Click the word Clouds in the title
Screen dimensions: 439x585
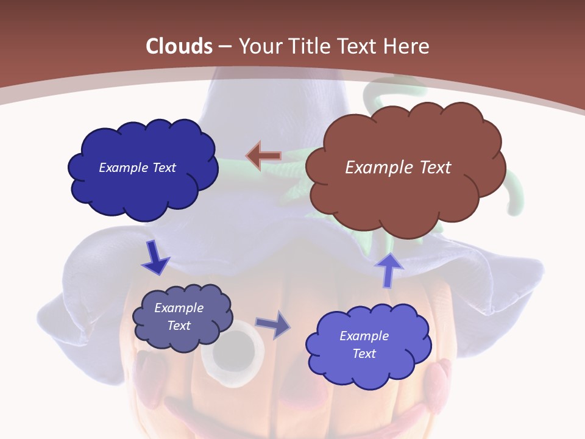tap(179, 46)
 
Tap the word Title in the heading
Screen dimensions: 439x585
tap(311, 46)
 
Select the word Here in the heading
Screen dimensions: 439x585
tap(406, 46)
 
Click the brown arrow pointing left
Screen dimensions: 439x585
tap(263, 156)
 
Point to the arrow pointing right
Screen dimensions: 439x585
tap(272, 325)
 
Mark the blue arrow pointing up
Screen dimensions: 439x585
tap(389, 269)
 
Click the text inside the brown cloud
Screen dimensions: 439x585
tap(398, 167)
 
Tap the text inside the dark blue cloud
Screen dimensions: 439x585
tap(137, 168)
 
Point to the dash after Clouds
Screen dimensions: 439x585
tap(224, 46)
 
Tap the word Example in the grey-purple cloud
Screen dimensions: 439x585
tap(179, 308)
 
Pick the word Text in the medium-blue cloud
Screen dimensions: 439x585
tap(364, 354)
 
